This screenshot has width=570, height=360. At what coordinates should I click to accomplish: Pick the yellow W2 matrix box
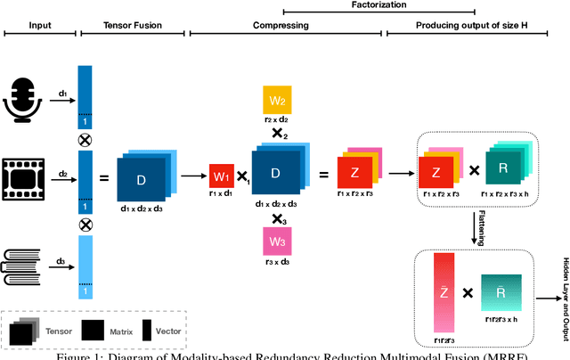tap(277, 101)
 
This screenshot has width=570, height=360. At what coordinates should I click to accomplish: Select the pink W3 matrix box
tap(277, 242)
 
